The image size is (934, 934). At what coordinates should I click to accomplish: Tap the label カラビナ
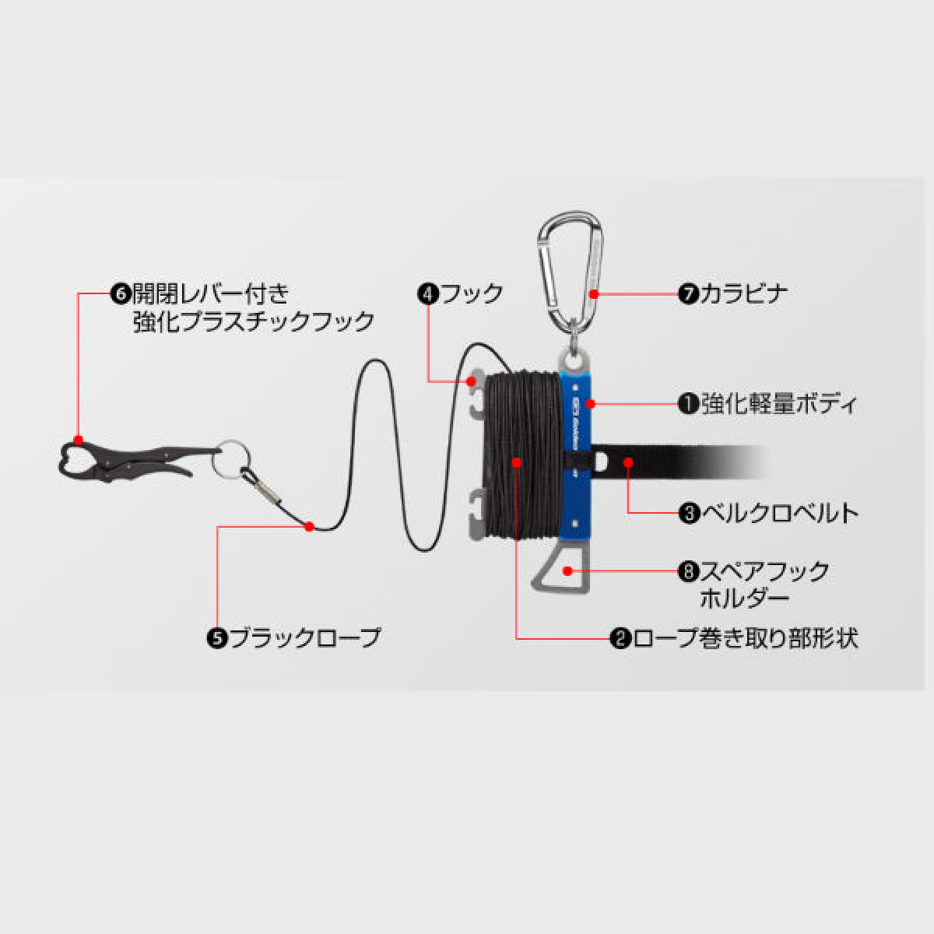[743, 293]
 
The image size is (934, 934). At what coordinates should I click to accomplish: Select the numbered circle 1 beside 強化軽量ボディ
[689, 404]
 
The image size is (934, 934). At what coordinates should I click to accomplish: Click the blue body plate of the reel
[575, 455]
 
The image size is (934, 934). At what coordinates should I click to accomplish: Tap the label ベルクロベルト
[780, 513]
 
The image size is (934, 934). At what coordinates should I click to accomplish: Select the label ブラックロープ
[305, 638]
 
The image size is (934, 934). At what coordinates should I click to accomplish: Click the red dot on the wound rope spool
[517, 462]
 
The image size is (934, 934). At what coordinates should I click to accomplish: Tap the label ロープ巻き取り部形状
[745, 638]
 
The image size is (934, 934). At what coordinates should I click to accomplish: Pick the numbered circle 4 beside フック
[428, 293]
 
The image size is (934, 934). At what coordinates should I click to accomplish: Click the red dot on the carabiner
[594, 293]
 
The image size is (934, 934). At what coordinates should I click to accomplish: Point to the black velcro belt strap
[679, 462]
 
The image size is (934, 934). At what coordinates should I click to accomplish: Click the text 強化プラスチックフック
[254, 322]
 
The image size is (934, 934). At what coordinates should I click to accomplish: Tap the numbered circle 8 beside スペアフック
[689, 571]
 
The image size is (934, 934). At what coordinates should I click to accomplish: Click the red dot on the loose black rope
[309, 526]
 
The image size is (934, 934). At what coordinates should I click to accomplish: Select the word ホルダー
[745, 600]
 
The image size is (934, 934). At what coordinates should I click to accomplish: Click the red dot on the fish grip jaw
[79, 440]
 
